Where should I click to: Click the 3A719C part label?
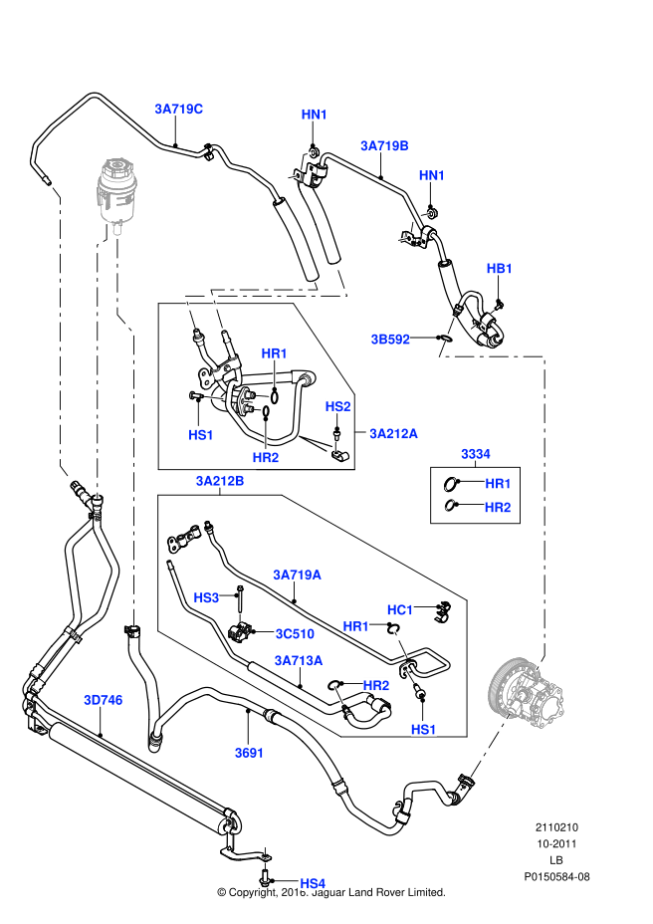coord(178,108)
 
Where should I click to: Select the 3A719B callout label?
coord(385,145)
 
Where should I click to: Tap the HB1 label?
coord(500,269)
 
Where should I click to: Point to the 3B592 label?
coord(390,339)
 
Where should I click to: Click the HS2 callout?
coord(338,406)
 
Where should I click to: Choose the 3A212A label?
coord(393,433)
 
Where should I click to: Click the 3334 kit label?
coord(475,454)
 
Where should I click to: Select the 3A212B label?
coord(220,482)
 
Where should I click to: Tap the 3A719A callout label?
coord(298,574)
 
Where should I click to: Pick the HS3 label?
coord(206,597)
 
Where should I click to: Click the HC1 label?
coord(400,608)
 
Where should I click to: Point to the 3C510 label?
coord(294,632)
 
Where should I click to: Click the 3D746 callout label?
coord(104,700)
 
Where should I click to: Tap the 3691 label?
coord(249,753)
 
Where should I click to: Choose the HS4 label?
coord(313,883)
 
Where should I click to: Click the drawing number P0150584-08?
coord(557,877)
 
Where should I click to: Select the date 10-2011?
coord(557,843)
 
